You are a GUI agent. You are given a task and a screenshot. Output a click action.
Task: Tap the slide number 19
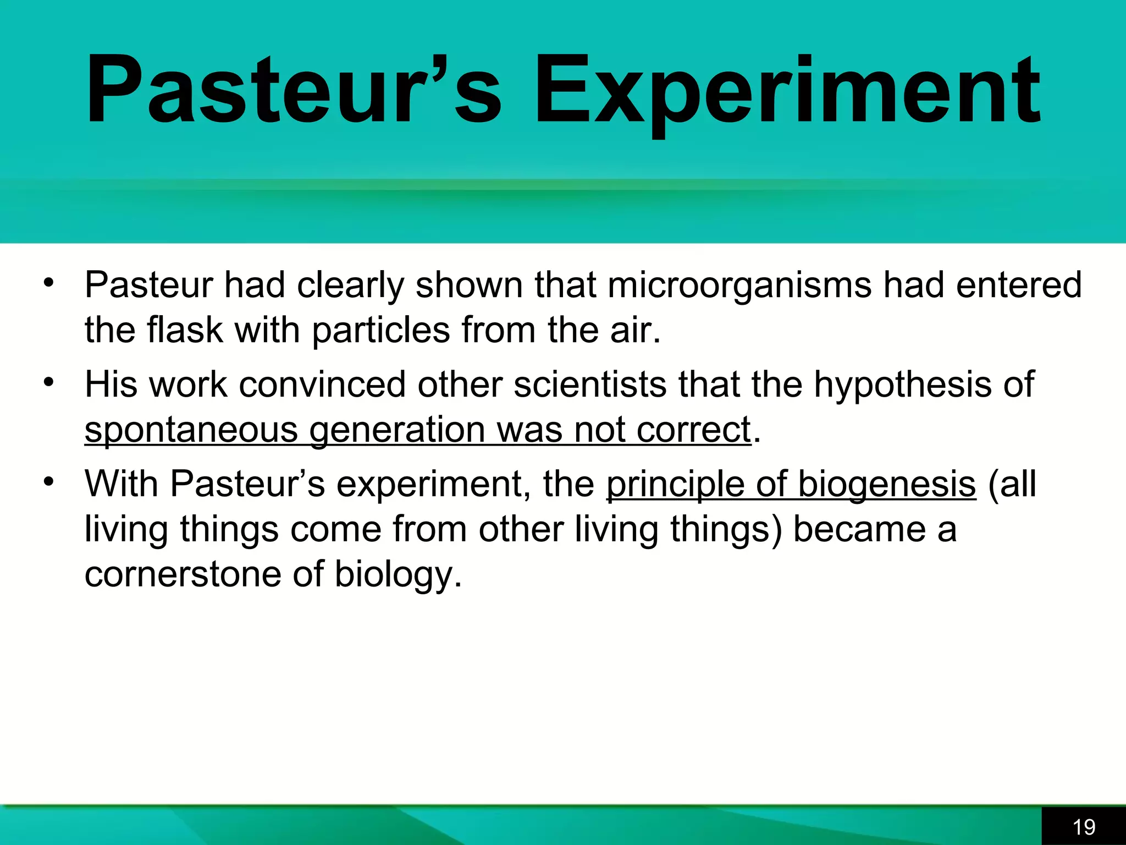point(1084,827)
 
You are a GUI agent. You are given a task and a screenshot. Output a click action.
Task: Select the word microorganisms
point(739,286)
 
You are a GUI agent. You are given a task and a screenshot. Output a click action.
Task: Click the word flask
point(185,330)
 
